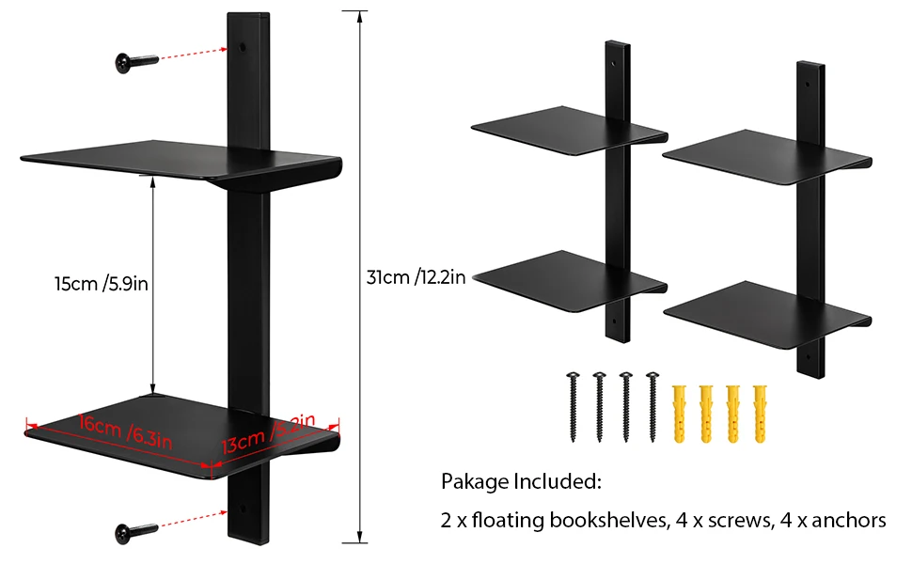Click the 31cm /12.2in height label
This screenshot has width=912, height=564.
pos(416,276)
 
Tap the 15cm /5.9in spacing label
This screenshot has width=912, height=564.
pos(102,283)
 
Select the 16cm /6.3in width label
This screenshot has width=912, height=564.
pos(126,431)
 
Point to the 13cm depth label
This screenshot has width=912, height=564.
pos(267,434)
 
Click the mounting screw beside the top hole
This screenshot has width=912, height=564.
pos(137,62)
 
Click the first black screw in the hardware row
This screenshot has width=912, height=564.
pos(572,404)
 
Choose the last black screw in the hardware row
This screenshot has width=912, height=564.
pos(652,404)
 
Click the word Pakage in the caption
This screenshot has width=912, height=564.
pos(474,483)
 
